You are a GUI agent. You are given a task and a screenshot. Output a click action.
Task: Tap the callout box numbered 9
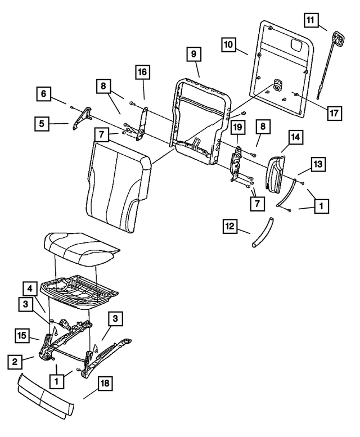(192, 55)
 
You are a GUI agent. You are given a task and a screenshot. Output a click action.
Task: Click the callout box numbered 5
(42, 123)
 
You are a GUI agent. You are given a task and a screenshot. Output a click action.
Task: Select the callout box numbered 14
(296, 137)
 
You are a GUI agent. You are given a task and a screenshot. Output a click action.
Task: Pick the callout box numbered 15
(22, 337)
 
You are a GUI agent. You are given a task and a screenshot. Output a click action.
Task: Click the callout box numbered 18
(105, 385)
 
